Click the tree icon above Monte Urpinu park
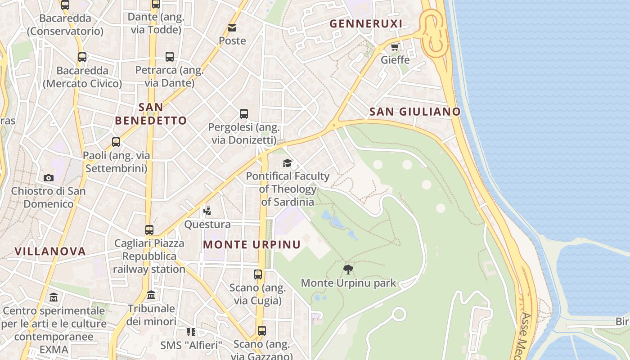tap(348, 270)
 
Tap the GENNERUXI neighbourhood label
tap(366, 24)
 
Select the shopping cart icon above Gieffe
tap(395, 47)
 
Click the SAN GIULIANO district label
tap(415, 112)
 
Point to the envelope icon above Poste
tap(232, 28)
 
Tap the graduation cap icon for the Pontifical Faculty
tap(287, 163)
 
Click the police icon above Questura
tap(207, 211)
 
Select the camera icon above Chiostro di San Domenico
tap(49, 178)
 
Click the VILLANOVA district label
tap(50, 251)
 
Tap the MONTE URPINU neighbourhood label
tap(252, 244)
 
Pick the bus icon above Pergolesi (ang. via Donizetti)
tap(244, 114)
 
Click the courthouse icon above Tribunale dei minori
tap(151, 295)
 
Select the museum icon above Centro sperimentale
tap(54, 297)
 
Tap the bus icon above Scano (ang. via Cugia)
tap(258, 274)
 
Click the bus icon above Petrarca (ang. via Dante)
tap(170, 57)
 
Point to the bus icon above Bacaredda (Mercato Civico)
tap(82, 57)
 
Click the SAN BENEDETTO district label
tap(151, 114)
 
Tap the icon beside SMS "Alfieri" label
tap(191, 332)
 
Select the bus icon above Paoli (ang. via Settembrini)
tap(116, 142)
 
